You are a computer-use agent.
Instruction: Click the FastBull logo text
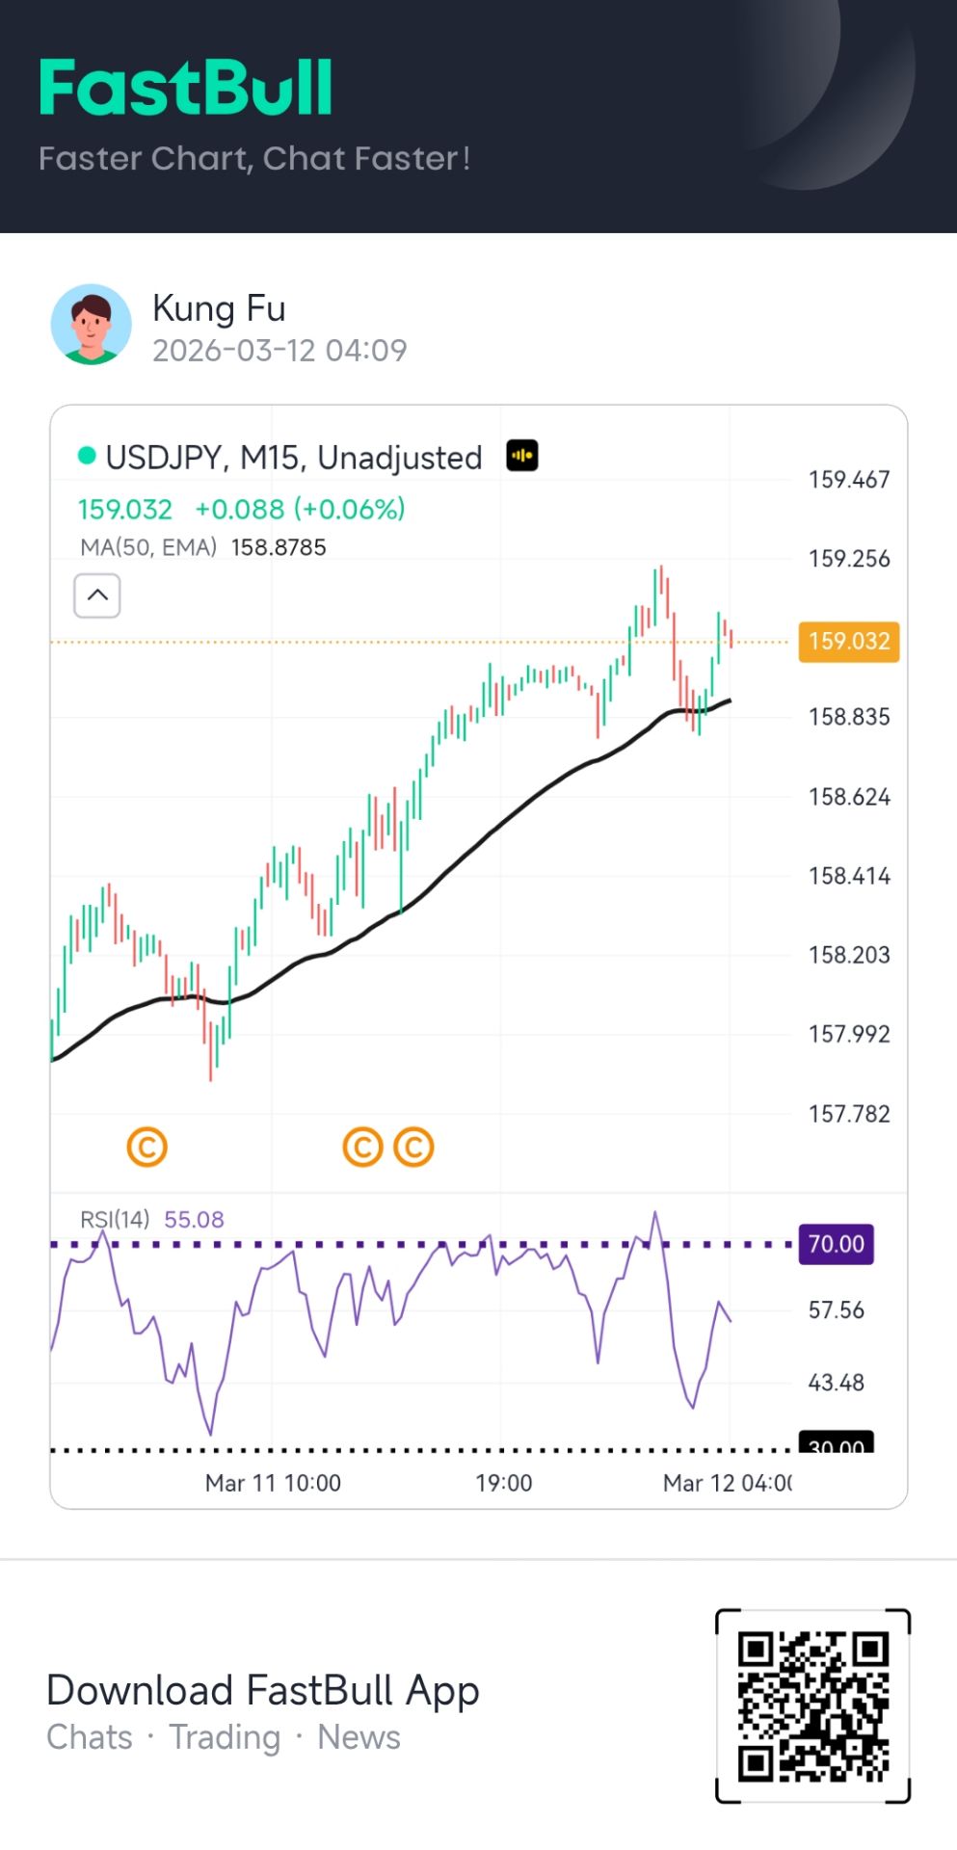click(186, 88)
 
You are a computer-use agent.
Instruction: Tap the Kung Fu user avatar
click(92, 325)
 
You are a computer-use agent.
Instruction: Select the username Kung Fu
click(219, 308)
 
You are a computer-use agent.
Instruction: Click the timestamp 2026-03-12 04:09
click(279, 350)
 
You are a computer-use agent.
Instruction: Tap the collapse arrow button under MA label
click(97, 595)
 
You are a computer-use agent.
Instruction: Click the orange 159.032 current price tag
click(848, 642)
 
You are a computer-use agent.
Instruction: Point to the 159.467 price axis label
click(848, 479)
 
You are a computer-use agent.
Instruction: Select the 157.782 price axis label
click(848, 1114)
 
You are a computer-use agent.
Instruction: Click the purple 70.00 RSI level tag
click(836, 1244)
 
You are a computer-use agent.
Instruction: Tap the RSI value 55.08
click(194, 1220)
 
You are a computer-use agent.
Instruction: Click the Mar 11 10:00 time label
click(273, 1483)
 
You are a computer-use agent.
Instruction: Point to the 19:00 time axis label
click(503, 1483)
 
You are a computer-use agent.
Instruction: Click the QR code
click(812, 1705)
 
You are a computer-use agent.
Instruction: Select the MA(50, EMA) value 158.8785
click(279, 547)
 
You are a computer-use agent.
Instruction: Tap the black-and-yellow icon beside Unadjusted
click(522, 456)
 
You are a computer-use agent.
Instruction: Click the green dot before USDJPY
click(87, 456)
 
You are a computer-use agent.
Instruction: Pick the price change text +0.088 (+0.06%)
click(300, 509)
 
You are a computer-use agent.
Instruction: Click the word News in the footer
click(359, 1737)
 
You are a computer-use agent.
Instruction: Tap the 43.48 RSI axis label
click(836, 1383)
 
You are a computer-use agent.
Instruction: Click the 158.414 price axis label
click(848, 876)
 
